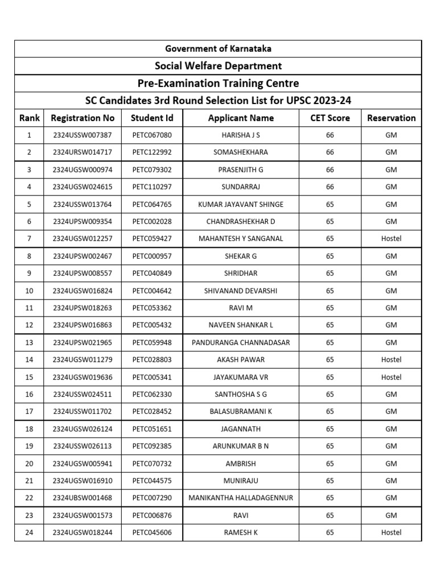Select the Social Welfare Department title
pos(218,66)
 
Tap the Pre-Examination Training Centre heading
pos(218,83)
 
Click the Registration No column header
pos(83,118)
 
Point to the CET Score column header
pos(330,118)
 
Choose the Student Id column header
pos(152,118)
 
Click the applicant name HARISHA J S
pos(241,135)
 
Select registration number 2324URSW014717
pos(83,152)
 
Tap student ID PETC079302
pos(152,169)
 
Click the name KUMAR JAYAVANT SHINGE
pos(241,204)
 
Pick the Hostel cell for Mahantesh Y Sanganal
pos(391,239)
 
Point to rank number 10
pos(29,290)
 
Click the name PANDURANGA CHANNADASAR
pos(241,342)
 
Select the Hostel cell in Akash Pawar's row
pos(391,359)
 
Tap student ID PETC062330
pos(152,394)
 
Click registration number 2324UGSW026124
pos(83,429)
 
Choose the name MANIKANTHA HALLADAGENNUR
pos(241,498)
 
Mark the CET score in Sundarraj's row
pos(330,186)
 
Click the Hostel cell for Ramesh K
pos(391,532)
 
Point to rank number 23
pos(29,515)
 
